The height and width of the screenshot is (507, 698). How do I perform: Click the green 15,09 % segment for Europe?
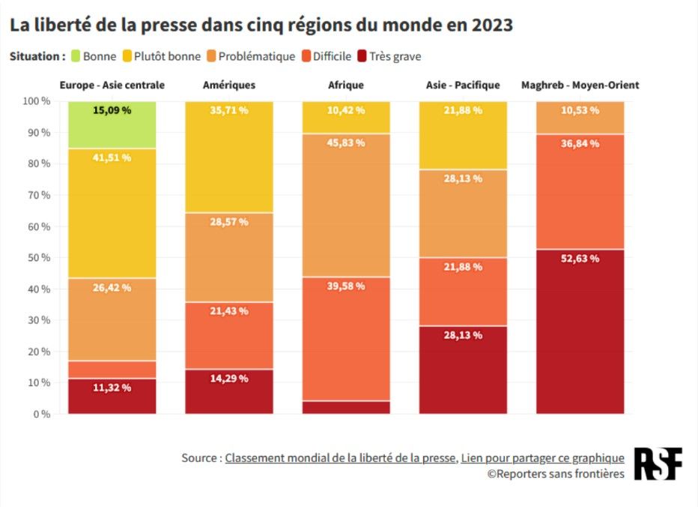click(x=112, y=124)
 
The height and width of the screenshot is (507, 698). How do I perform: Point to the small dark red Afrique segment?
click(x=346, y=407)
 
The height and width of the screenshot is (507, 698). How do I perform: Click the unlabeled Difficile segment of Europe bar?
click(x=112, y=369)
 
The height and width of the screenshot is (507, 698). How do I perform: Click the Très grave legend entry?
click(x=395, y=56)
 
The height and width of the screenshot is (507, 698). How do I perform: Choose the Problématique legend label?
click(x=256, y=56)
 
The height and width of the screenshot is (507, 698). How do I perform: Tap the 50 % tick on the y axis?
click(x=37, y=257)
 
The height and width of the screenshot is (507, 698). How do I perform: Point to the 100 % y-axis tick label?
click(x=35, y=101)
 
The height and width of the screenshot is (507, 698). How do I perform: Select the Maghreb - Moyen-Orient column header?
click(x=580, y=85)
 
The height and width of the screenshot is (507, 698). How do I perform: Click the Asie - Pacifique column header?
click(x=462, y=85)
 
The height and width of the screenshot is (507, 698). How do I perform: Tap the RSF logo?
click(x=658, y=464)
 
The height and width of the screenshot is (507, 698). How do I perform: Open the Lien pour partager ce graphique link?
click(x=542, y=457)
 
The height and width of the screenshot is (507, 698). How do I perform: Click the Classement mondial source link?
click(x=340, y=457)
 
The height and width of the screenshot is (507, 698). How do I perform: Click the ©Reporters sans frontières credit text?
click(x=556, y=474)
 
